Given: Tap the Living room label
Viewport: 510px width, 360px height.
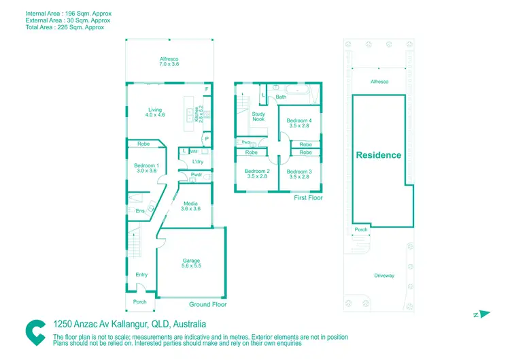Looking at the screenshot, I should (x=155, y=110).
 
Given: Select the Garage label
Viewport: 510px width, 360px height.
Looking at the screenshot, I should (x=191, y=261).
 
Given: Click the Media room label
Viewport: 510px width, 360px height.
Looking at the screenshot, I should (x=190, y=203).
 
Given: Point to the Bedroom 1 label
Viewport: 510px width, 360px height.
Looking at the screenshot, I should (x=146, y=166).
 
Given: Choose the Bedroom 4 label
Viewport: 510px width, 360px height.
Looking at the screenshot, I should (x=299, y=120).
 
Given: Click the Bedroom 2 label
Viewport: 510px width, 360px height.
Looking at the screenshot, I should (x=257, y=171).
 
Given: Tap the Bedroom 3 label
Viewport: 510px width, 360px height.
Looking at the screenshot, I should (x=299, y=171).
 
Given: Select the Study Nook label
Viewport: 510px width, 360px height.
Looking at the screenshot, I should (x=258, y=116).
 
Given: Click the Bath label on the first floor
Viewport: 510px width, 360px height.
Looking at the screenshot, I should (x=281, y=97).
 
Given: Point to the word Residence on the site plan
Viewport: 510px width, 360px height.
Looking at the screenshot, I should (x=379, y=154).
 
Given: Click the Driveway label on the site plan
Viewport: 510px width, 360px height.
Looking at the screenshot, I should (x=384, y=276).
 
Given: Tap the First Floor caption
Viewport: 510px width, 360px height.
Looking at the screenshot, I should (x=308, y=198).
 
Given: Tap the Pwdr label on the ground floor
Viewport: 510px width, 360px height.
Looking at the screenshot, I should (x=196, y=174).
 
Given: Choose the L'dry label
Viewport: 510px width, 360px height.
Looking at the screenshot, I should (x=198, y=161).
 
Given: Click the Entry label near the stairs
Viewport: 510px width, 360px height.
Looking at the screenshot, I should (x=141, y=274).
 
